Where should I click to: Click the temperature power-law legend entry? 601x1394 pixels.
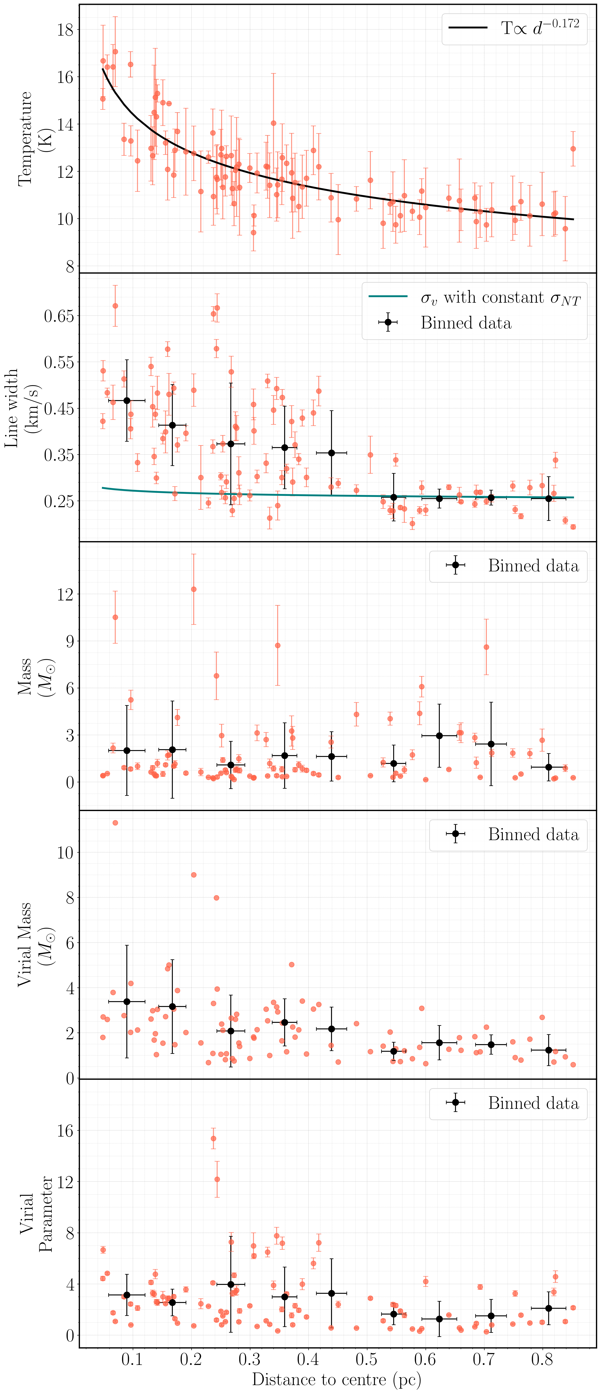[514, 29]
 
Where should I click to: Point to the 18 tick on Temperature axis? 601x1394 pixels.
[65, 30]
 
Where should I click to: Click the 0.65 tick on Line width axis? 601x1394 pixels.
[58, 316]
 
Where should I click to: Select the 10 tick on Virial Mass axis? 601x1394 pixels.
[65, 853]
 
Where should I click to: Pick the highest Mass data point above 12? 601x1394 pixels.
[194, 589]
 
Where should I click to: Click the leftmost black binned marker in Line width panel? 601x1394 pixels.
[127, 400]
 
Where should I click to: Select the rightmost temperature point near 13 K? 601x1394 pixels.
[573, 149]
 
